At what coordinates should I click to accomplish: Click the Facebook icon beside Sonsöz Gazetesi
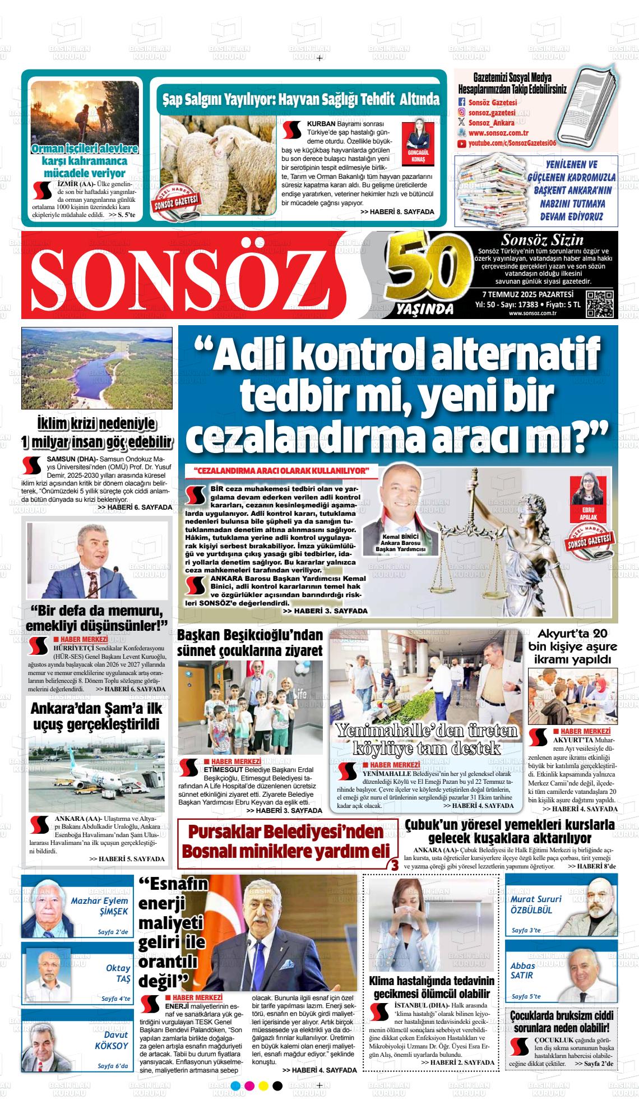(462, 102)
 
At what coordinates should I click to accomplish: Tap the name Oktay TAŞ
(118, 973)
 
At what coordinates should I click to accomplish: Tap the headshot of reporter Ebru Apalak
(587, 494)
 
